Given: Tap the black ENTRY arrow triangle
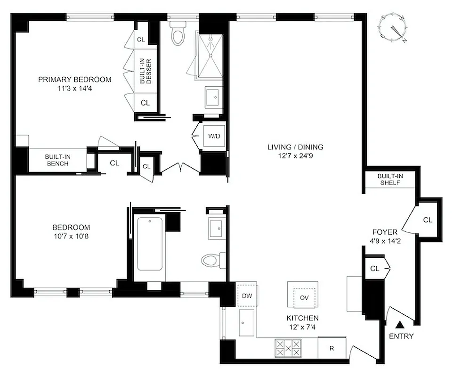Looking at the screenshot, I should tap(401, 324).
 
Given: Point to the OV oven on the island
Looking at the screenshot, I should tap(302, 297).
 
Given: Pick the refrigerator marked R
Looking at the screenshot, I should tap(332, 349).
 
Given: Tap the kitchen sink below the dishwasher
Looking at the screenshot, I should tap(247, 323).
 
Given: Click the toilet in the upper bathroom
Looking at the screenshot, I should tap(178, 34).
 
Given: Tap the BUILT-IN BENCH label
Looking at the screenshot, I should tap(57, 160).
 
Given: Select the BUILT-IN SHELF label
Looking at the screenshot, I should tap(390, 180).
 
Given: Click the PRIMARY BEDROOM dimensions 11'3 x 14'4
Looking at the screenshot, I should tap(75, 88).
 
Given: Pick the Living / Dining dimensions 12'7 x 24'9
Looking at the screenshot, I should tap(295, 156).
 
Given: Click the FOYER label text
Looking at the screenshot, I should tap(385, 232).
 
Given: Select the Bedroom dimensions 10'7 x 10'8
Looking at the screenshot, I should tap(72, 236).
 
